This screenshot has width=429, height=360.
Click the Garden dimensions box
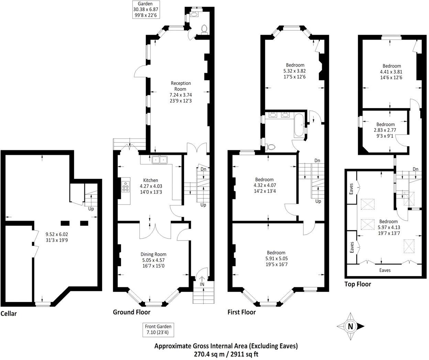point(146,10)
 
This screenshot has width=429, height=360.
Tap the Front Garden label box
point(158,330)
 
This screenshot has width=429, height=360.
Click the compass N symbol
point(351,326)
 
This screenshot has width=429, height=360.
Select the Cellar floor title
point(9,314)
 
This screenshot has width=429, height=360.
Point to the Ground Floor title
point(132,312)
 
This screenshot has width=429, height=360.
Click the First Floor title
point(242,312)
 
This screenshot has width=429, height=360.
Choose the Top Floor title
point(358,284)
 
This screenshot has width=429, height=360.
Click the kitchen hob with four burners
point(125,187)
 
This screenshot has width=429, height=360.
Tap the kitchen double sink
point(159,160)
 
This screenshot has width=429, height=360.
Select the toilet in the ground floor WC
point(204,29)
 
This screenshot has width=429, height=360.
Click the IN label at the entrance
point(202,284)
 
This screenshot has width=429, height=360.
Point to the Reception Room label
point(180,86)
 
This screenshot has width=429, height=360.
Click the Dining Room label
point(153,254)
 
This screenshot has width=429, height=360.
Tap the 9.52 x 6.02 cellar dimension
point(57,234)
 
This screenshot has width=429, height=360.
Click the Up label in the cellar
point(91,209)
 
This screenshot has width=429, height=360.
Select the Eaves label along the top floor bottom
point(385,270)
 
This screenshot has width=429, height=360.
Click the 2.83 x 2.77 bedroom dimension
point(385,130)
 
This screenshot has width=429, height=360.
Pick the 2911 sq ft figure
point(244,354)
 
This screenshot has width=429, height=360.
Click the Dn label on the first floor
point(317,160)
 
